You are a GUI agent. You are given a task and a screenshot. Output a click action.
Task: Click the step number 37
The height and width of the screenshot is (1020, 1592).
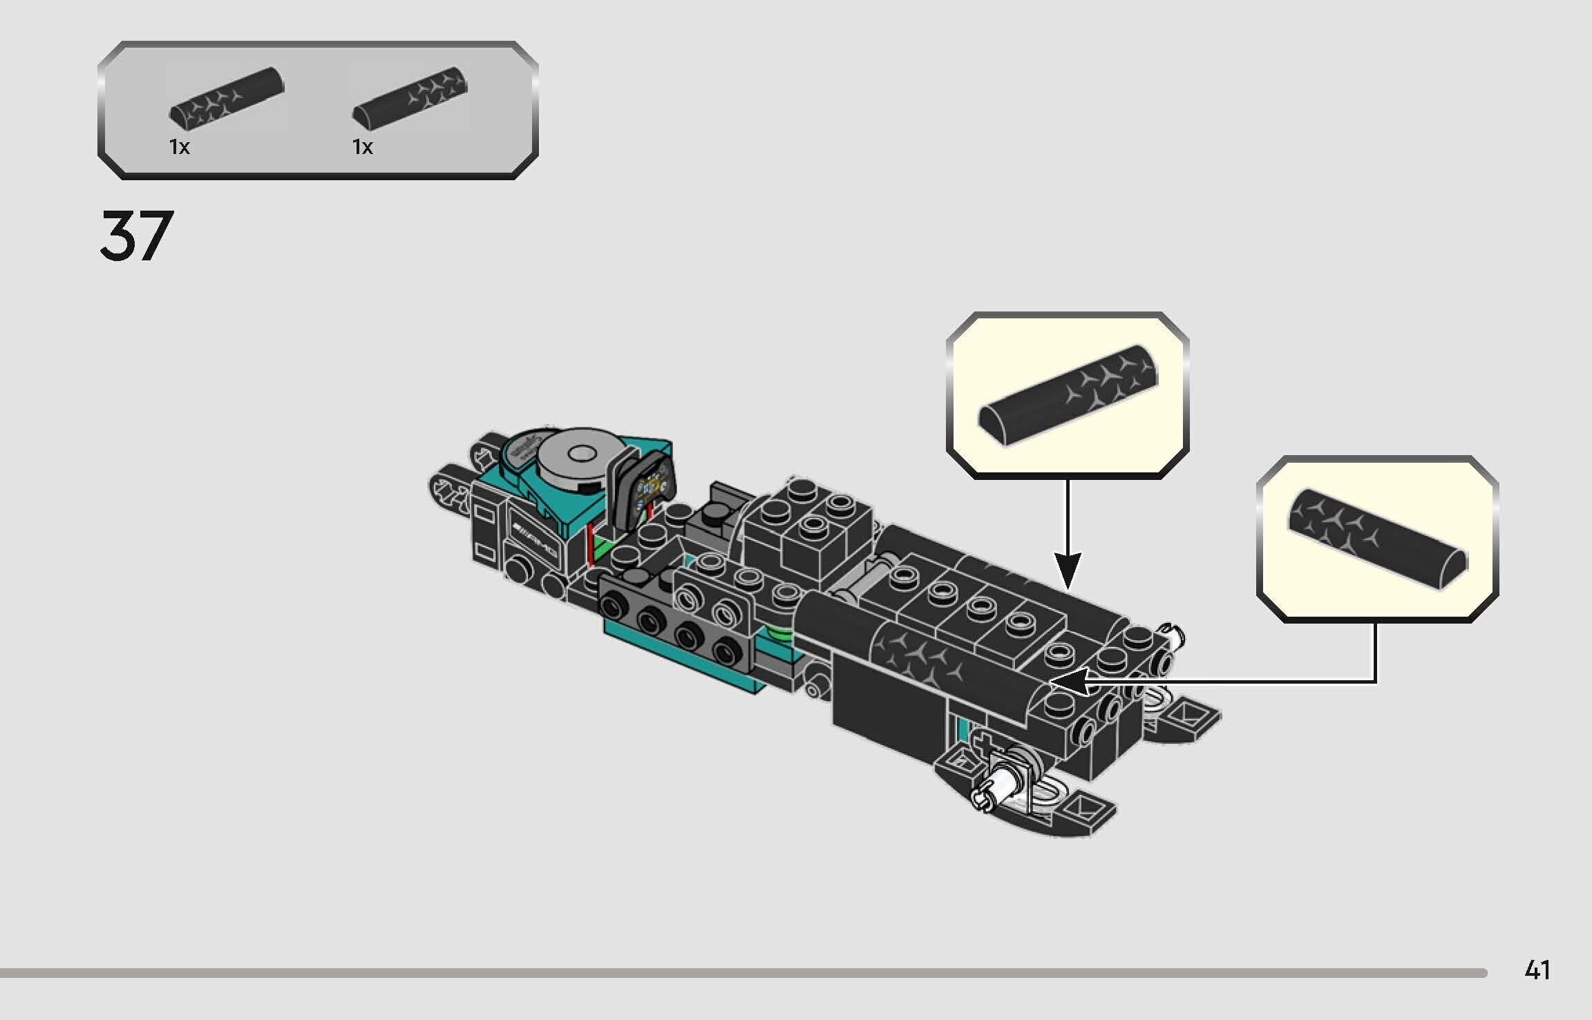(136, 236)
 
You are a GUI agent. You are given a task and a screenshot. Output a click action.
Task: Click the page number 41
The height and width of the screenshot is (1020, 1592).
(1537, 970)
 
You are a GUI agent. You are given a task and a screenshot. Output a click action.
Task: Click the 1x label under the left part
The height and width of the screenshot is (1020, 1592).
(179, 147)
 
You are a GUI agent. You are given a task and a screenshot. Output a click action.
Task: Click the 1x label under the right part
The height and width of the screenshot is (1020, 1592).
(362, 147)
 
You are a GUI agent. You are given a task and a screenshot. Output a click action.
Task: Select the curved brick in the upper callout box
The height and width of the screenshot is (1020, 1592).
(1068, 396)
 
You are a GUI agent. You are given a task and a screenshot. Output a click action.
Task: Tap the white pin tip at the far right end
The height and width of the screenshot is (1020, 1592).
(1173, 632)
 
